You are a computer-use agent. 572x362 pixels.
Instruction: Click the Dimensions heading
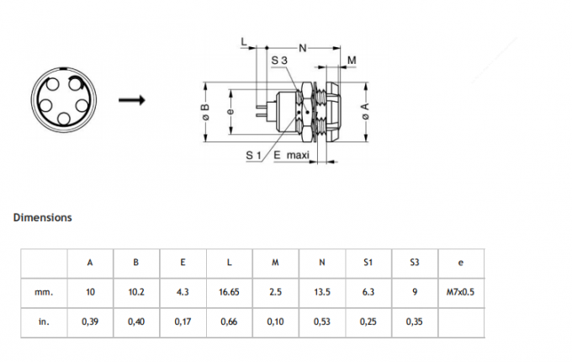tap(42, 217)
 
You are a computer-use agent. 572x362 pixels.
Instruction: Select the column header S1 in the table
tap(368, 262)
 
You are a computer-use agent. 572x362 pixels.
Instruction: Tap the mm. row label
tap(44, 292)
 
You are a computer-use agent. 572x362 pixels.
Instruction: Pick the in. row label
tap(44, 321)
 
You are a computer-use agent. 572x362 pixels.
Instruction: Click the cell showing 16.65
tap(229, 292)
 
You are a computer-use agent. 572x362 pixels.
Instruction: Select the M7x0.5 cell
tap(460, 292)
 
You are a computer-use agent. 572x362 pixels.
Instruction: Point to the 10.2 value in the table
tap(136, 292)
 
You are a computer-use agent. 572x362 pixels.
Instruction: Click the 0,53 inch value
tap(321, 321)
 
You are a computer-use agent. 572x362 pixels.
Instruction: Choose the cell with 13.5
tap(321, 292)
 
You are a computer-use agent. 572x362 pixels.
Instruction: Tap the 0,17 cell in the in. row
tap(183, 321)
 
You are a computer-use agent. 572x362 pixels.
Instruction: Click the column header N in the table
tap(321, 262)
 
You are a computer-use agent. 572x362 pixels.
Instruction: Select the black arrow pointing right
tap(131, 101)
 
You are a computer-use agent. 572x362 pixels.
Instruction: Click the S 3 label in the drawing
tap(280, 61)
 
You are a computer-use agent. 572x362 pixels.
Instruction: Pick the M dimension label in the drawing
tap(352, 61)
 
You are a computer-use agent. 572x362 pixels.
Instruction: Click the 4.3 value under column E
tap(183, 292)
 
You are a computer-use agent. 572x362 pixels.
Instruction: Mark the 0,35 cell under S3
tap(414, 321)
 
